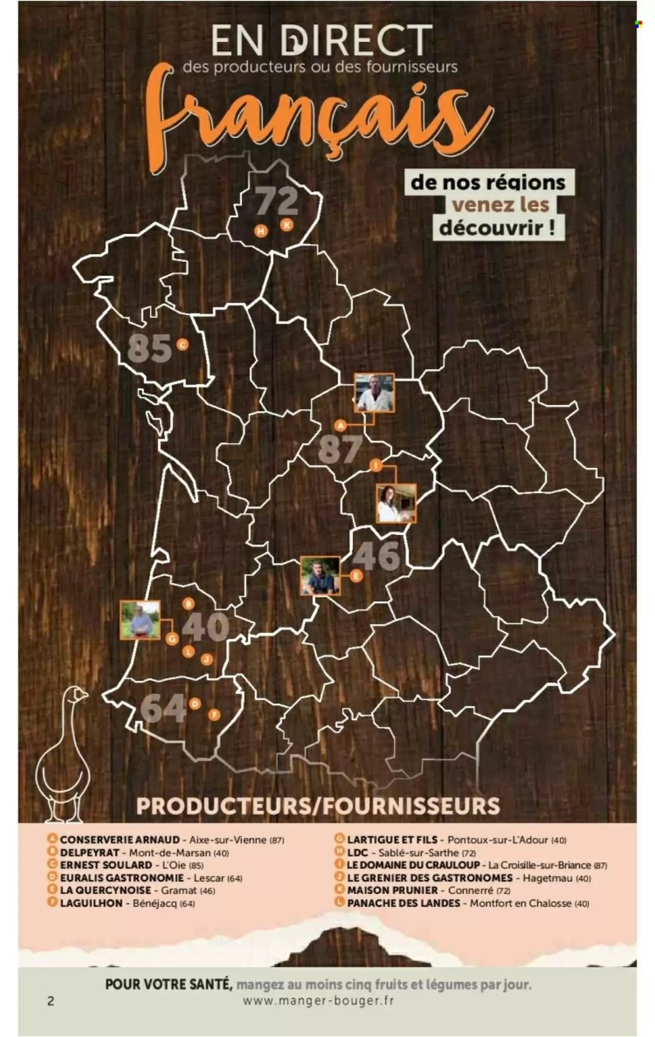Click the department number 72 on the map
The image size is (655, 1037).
276,201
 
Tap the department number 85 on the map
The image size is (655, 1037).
149,348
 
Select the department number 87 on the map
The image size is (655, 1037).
340,450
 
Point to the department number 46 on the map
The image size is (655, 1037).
376,556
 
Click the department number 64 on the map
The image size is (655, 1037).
163,708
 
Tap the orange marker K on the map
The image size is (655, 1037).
286,225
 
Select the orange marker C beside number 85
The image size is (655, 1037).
182,344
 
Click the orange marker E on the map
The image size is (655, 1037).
356,576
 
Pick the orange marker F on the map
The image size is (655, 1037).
214,715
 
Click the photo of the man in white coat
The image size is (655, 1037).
375,393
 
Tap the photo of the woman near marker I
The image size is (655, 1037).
396,503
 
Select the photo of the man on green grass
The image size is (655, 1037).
140,620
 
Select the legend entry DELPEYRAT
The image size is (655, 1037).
90,852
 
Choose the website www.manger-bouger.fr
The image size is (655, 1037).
318,1000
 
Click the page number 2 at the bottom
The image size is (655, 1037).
50,1000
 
